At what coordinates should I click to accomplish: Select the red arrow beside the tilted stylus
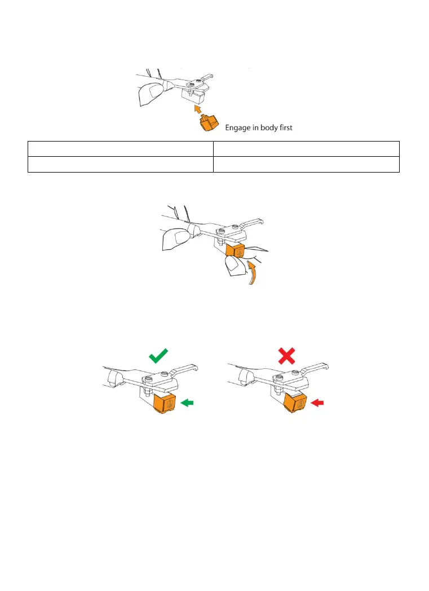coord(320,402)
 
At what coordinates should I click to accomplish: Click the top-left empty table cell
coord(120,149)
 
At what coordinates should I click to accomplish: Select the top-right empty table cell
coord(306,149)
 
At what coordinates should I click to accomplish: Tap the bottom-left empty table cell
coord(120,164)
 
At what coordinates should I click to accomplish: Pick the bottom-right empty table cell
coord(306,164)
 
